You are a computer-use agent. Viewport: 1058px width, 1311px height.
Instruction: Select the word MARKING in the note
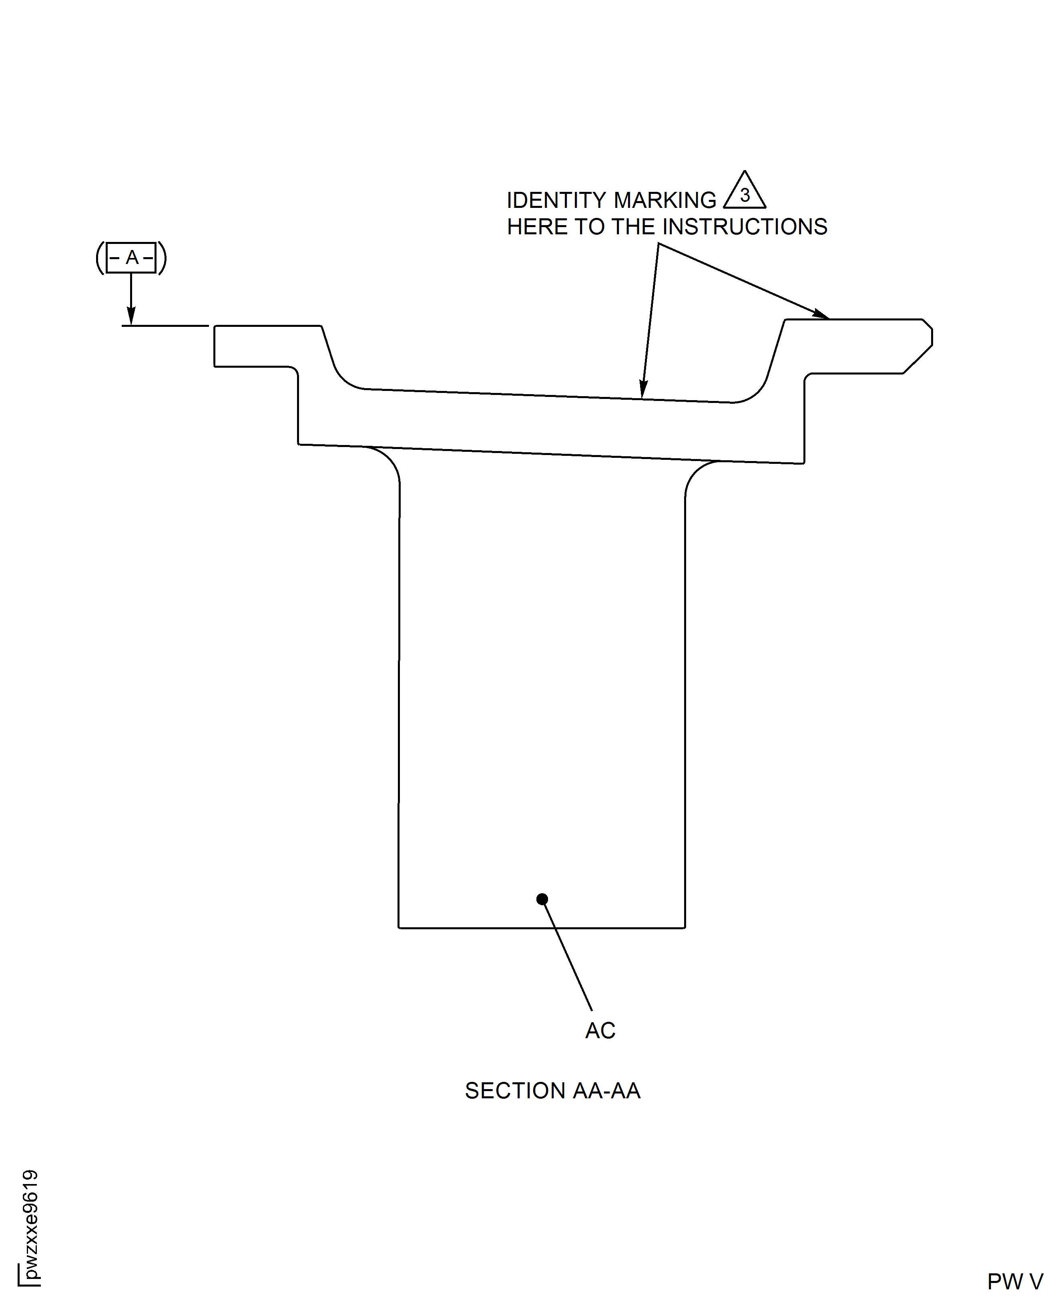[664, 200]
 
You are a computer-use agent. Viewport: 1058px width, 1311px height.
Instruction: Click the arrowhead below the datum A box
[131, 316]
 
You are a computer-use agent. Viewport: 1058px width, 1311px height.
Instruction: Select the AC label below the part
[600, 1031]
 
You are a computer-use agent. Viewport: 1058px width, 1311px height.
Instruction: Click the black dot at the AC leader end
[542, 899]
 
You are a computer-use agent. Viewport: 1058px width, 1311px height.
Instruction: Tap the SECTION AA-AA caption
[553, 1091]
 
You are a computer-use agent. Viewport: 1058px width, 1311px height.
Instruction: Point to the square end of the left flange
[215, 346]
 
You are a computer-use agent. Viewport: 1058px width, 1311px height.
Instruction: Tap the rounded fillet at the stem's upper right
[698, 474]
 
